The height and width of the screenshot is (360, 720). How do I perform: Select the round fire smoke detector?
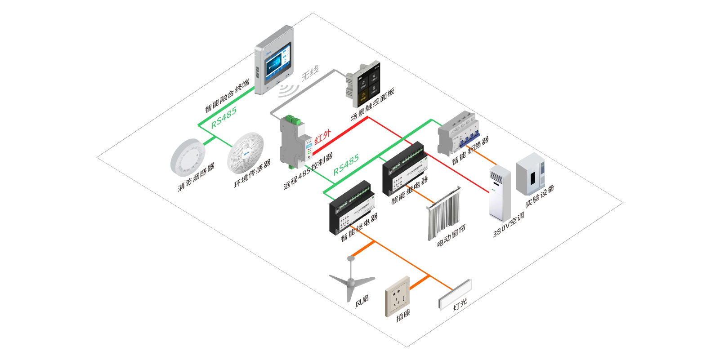click(188, 154)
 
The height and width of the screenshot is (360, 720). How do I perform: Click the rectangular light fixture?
click(455, 294)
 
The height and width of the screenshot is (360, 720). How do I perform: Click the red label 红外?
click(322, 137)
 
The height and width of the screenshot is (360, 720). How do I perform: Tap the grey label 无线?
click(310, 73)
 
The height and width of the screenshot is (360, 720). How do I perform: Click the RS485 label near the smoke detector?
click(224, 118)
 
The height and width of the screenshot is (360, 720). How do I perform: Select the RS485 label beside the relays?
click(346, 165)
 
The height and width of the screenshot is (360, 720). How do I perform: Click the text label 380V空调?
click(508, 225)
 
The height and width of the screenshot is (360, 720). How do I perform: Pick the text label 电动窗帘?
click(451, 236)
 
